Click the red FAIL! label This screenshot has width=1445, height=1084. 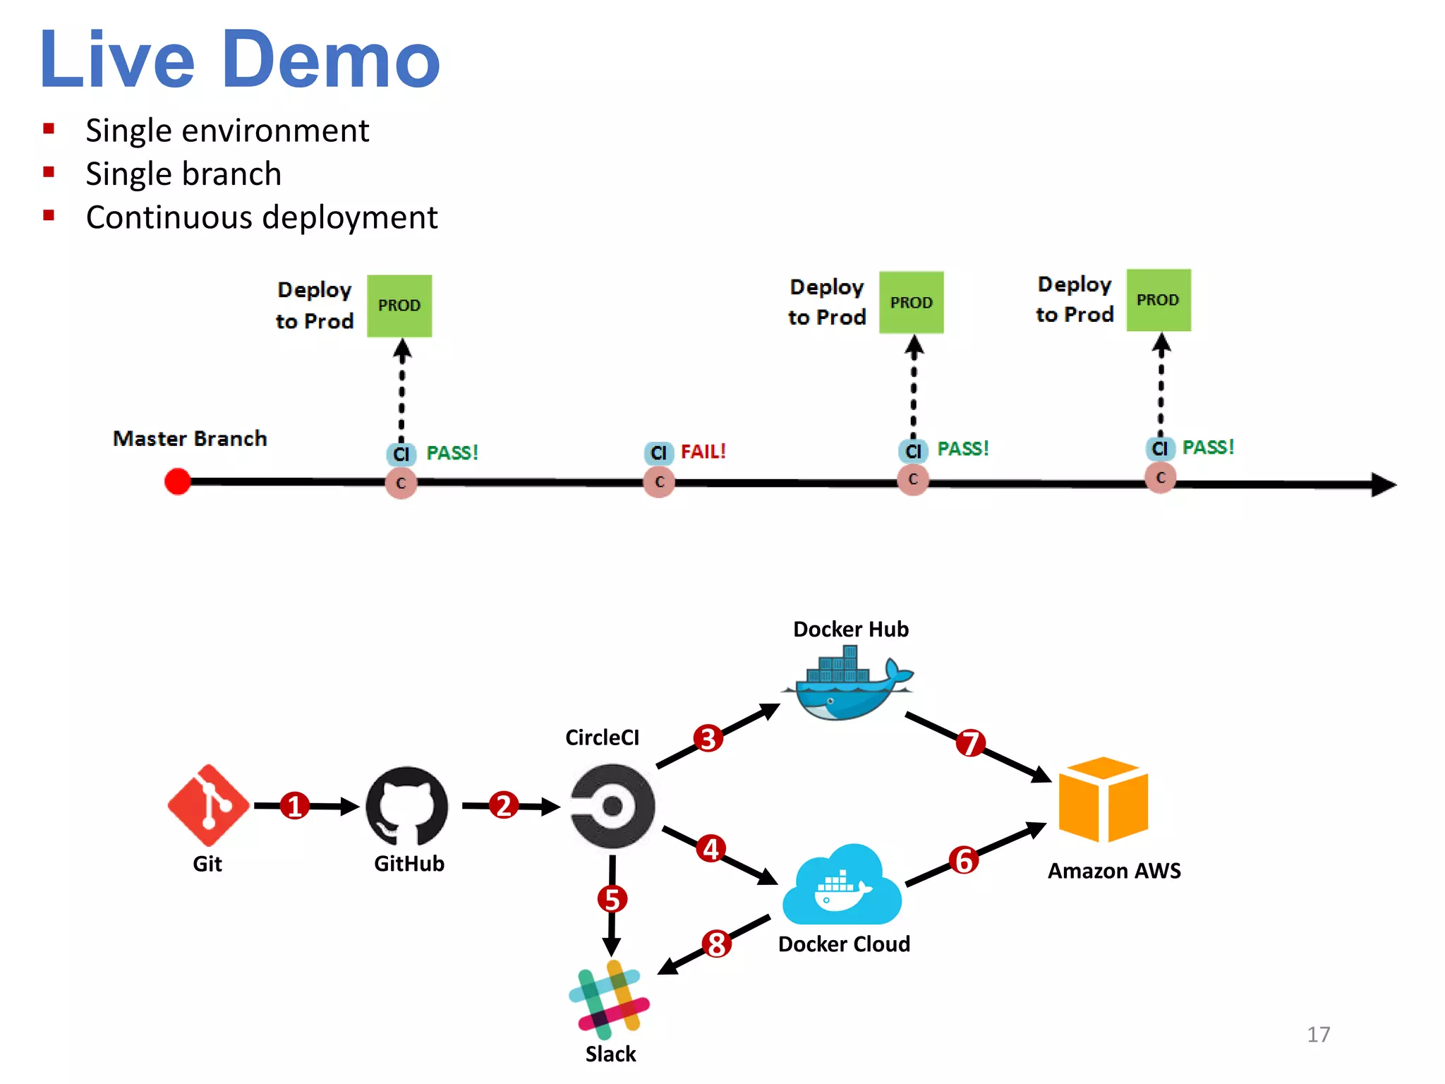703,452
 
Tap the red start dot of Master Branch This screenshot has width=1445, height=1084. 177,482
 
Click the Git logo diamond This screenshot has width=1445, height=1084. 208,805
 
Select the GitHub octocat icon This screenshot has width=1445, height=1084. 407,806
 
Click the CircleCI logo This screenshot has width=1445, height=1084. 612,805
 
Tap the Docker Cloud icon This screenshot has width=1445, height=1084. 842,886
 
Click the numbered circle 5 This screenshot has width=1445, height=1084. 612,899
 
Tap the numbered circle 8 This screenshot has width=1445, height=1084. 716,944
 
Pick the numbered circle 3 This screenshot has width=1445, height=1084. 708,739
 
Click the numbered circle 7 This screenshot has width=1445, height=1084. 970,742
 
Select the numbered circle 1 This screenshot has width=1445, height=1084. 295,806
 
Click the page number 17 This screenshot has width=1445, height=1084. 1317,1035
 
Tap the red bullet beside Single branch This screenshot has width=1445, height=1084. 49,172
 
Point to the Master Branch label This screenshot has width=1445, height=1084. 190,438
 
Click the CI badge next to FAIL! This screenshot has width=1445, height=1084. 658,453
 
